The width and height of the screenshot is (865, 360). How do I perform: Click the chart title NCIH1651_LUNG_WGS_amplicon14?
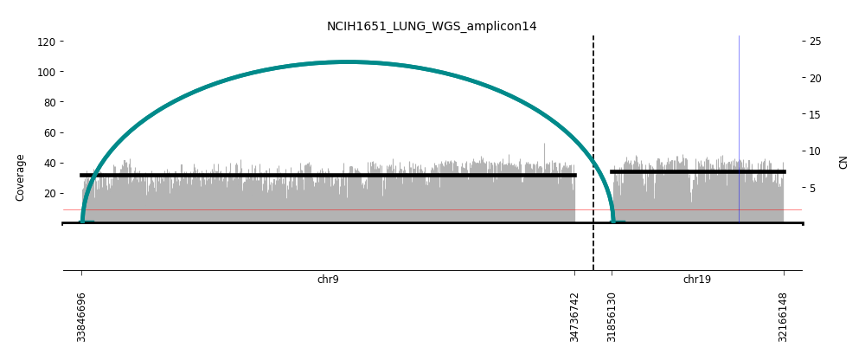[x=432, y=27]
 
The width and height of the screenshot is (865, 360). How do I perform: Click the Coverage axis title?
[x=20, y=177]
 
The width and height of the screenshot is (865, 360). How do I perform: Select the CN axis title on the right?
[x=843, y=162]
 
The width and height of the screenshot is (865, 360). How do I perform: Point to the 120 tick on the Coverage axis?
[x=47, y=42]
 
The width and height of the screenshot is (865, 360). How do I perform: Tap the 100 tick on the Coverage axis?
[x=47, y=72]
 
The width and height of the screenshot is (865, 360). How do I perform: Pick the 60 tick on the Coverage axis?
[x=49, y=132]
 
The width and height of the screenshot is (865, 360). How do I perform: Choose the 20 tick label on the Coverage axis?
[x=49, y=193]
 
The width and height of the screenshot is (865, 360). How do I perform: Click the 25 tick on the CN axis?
[x=815, y=42]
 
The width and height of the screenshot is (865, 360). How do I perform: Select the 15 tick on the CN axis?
[x=815, y=114]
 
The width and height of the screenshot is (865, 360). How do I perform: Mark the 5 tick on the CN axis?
[x=812, y=188]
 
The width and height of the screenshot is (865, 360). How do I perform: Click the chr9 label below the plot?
[x=328, y=280]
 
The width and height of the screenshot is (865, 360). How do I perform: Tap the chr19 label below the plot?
[x=697, y=280]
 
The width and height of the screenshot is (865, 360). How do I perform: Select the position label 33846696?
[x=82, y=317]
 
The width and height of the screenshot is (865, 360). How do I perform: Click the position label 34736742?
[x=575, y=317]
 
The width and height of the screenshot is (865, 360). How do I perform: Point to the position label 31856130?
[x=612, y=317]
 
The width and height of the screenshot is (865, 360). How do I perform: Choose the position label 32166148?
[x=784, y=317]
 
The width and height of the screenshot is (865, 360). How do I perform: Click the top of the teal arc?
[x=347, y=62]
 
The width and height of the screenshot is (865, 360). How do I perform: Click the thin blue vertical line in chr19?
[x=739, y=104]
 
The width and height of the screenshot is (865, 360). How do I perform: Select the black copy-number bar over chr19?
[x=697, y=171]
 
